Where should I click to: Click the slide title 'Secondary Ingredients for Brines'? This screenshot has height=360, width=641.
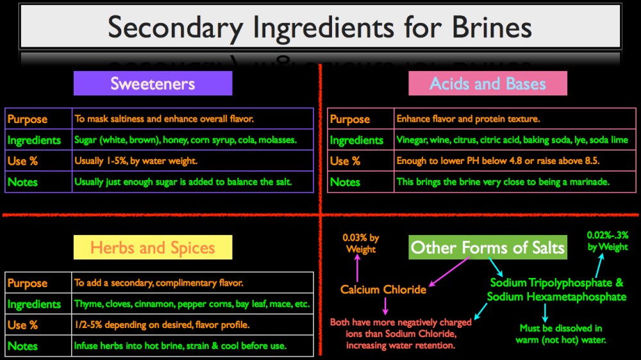tap(320, 28)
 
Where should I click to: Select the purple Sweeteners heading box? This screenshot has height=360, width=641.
tap(153, 83)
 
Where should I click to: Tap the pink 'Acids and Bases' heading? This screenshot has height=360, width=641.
tap(488, 83)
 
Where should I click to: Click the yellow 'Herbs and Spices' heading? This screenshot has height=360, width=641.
tap(153, 247)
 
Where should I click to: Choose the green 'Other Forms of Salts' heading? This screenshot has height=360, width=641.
tap(488, 247)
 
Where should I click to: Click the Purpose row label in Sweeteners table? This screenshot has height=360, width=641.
tap(27, 119)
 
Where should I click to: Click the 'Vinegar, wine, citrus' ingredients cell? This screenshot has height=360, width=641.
tap(512, 140)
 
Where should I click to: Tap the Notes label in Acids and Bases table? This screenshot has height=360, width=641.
tap(345, 182)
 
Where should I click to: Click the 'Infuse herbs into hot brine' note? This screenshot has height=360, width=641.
tap(180, 346)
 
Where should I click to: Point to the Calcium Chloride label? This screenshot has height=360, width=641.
tap(383, 290)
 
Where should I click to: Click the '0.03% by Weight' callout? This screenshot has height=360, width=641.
tap(360, 243)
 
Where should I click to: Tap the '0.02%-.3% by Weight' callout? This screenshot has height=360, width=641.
tap(607, 241)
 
